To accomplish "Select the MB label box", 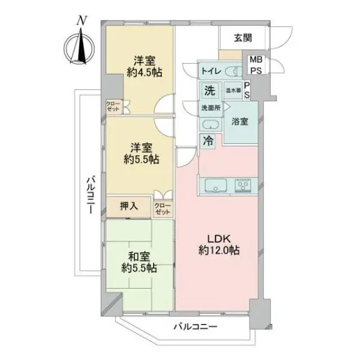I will pyautogui.click(x=256, y=60).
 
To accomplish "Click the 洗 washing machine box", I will pyautogui.click(x=209, y=91).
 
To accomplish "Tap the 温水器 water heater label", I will pyautogui.click(x=233, y=90).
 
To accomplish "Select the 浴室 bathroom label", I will pyautogui.click(x=239, y=121).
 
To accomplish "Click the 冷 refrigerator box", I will pyautogui.click(x=208, y=142).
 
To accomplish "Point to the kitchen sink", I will pyautogui.click(x=214, y=185).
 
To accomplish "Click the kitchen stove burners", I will pyautogui.click(x=245, y=184).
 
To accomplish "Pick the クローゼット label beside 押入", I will pyautogui.click(x=163, y=209).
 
